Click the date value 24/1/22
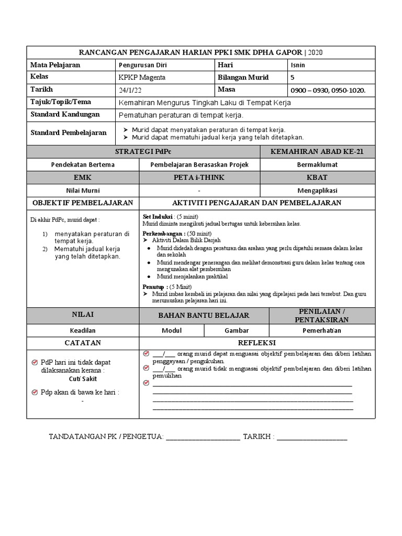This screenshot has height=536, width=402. (x=131, y=90)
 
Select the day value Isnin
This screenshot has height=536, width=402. (x=298, y=65)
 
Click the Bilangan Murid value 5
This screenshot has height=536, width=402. (x=292, y=77)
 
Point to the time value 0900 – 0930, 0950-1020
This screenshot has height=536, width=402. (x=328, y=90)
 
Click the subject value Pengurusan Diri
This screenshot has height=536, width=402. (x=143, y=65)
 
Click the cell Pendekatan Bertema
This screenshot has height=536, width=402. (x=83, y=164)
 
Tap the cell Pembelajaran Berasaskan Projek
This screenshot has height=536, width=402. (x=199, y=164)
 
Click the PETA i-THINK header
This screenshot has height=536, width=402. (x=199, y=178)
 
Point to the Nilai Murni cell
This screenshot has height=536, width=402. (x=83, y=191)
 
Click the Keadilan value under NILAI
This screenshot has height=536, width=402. (x=83, y=330)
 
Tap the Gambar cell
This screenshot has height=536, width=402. (x=237, y=330)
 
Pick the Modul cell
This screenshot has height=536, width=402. (x=171, y=330)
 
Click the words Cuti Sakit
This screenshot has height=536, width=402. (x=83, y=379)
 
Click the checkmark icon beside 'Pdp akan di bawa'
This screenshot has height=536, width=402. (x=35, y=392)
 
